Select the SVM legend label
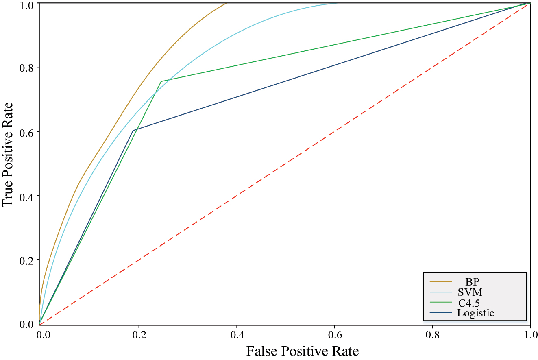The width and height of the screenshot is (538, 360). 470,292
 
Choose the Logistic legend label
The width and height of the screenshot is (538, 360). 475,313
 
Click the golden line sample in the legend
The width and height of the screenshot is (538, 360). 441,281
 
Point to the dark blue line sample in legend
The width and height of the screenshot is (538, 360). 441,313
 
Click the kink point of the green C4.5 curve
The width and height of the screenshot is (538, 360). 161,81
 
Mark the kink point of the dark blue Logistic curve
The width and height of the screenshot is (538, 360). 133,131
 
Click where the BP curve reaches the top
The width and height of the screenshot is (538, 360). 226,3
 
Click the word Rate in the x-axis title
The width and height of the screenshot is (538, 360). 346,351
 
